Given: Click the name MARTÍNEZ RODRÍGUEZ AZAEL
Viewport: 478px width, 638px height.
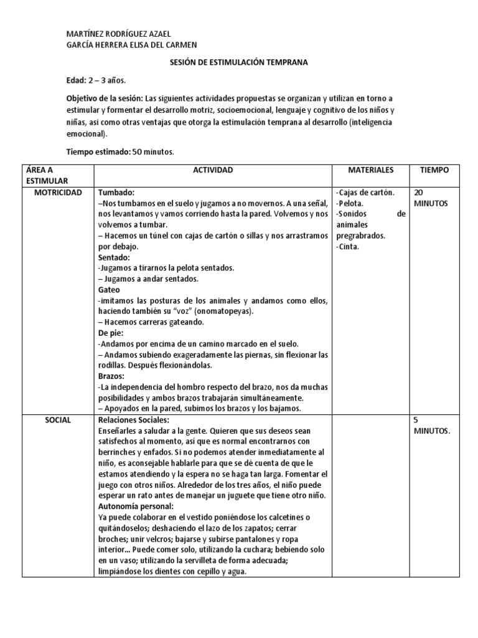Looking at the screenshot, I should tap(118, 34).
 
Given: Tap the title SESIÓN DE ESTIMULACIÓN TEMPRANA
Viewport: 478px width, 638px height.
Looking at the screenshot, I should tap(238, 62).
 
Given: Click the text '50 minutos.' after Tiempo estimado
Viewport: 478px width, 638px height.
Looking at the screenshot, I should tap(153, 151).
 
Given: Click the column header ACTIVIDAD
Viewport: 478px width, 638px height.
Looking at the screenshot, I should tap(213, 170).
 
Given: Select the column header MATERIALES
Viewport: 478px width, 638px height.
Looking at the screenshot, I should tap(370, 170).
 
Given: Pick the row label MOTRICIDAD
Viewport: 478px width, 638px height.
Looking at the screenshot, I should tap(58, 193).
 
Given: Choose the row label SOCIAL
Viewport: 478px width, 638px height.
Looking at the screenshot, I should tap(58, 421).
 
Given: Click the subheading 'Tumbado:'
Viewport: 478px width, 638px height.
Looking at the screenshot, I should tap(116, 193).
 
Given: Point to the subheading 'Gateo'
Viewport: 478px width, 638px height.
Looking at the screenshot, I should tap(110, 290).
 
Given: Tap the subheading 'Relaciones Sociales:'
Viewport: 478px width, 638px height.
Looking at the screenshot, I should tap(134, 421).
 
